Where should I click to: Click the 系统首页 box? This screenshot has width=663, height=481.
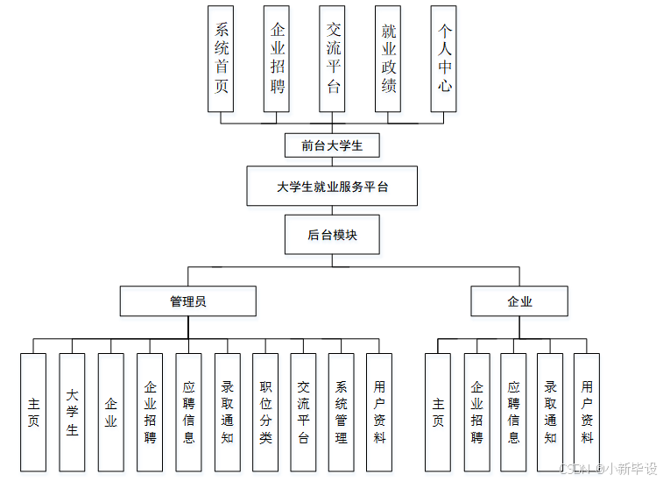click(x=221, y=59)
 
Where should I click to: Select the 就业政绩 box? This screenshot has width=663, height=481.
click(x=388, y=59)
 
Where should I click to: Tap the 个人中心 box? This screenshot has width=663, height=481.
click(x=444, y=59)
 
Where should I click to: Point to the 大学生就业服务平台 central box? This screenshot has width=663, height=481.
click(x=332, y=187)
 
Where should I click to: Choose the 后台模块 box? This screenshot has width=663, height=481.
click(x=332, y=235)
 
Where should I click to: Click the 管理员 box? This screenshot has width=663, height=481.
click(x=188, y=301)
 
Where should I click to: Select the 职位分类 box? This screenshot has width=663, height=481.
click(x=265, y=412)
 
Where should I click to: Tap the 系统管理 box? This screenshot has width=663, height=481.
click(x=342, y=412)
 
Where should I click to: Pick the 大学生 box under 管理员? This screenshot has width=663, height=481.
click(x=72, y=412)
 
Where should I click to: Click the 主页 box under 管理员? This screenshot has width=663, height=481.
click(x=33, y=412)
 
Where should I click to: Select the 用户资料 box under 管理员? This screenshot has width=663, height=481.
click(x=379, y=412)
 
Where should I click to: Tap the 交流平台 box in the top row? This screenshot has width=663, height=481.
click(x=332, y=59)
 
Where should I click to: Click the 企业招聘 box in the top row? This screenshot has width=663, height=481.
click(x=277, y=59)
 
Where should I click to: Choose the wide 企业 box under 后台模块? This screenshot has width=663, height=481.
click(x=519, y=301)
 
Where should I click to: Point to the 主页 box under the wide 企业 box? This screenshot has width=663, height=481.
click(x=438, y=412)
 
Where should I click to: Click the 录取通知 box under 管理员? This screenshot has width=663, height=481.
click(x=227, y=412)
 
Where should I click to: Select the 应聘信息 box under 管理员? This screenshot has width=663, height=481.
click(x=188, y=412)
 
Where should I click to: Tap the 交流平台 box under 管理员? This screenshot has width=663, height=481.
click(x=303, y=412)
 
